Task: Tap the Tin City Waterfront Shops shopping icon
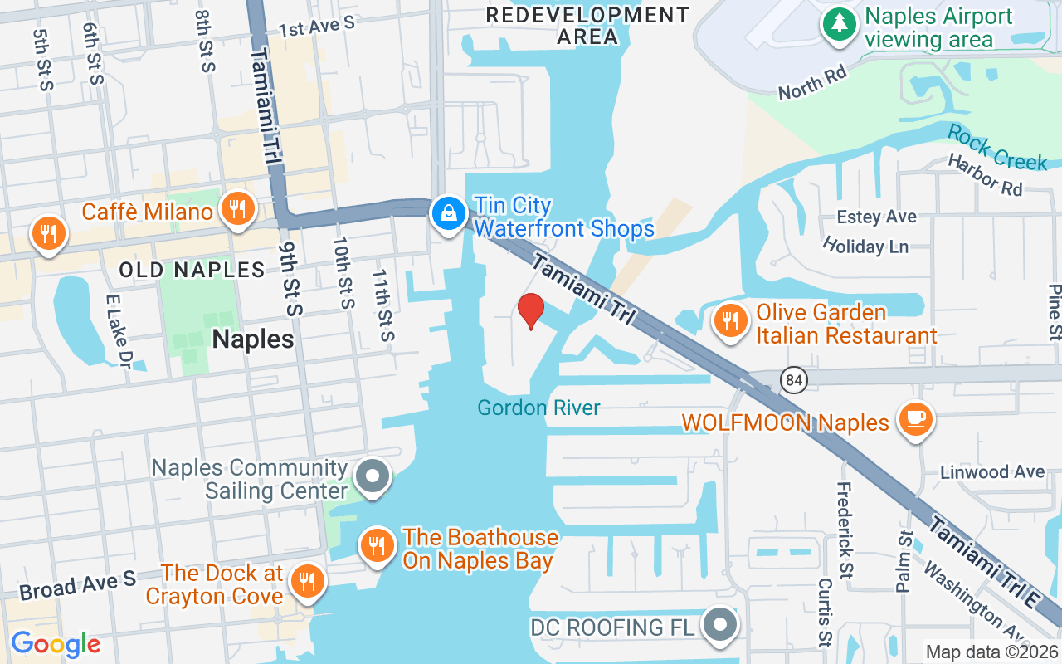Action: click(449, 214)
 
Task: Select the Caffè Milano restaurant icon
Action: click(238, 208)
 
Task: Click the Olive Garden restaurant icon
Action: click(730, 320)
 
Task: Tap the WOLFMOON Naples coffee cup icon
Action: click(916, 419)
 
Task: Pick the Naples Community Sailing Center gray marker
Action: click(373, 476)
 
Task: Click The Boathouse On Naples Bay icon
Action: click(378, 545)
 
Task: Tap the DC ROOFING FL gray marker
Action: click(719, 624)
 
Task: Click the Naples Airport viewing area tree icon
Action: click(840, 23)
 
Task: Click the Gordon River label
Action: click(538, 408)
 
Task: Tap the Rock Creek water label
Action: click(996, 147)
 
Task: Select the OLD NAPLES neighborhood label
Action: click(192, 270)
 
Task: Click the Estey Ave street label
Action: click(876, 217)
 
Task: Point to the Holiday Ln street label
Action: click(865, 245)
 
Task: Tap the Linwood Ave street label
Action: click(992, 471)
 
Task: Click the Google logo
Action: click(56, 643)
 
